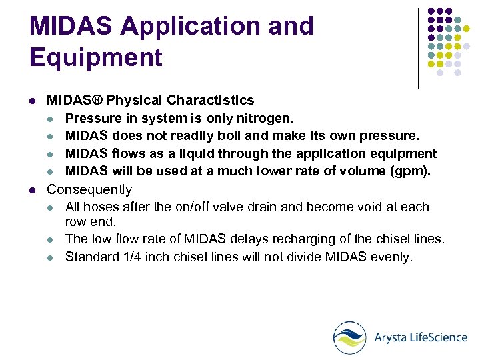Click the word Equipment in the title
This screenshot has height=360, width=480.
96,57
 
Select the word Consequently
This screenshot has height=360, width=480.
89,190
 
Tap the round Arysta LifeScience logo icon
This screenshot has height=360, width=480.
349,337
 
